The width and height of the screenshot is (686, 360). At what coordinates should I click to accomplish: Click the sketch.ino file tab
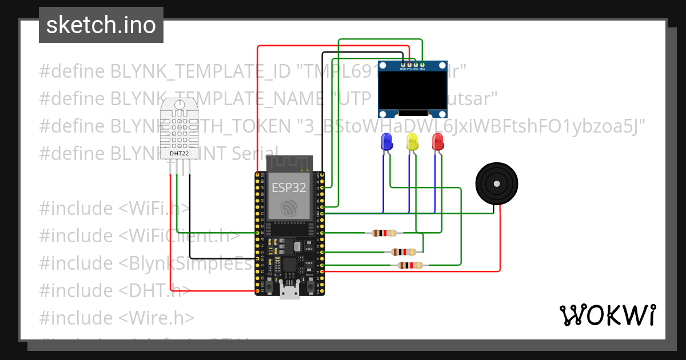click(x=101, y=25)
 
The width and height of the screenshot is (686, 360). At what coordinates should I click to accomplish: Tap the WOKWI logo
click(x=607, y=315)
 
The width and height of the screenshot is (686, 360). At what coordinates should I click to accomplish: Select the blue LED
click(x=386, y=141)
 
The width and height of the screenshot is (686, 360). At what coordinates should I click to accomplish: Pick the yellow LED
click(x=412, y=141)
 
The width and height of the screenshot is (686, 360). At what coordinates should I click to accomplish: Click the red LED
click(x=437, y=141)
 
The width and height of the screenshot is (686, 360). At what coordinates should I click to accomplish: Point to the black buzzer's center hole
click(x=497, y=183)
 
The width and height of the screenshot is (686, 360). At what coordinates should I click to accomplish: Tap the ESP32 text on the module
click(x=288, y=187)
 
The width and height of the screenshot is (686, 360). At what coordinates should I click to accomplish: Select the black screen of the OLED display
click(x=413, y=90)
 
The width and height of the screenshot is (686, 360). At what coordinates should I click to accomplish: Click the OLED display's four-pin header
click(x=412, y=65)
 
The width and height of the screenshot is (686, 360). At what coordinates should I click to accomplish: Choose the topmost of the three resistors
click(x=384, y=233)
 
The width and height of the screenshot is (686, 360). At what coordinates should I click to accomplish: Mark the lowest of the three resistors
click(x=409, y=265)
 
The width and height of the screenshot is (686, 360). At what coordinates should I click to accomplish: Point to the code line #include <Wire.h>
click(x=117, y=318)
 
